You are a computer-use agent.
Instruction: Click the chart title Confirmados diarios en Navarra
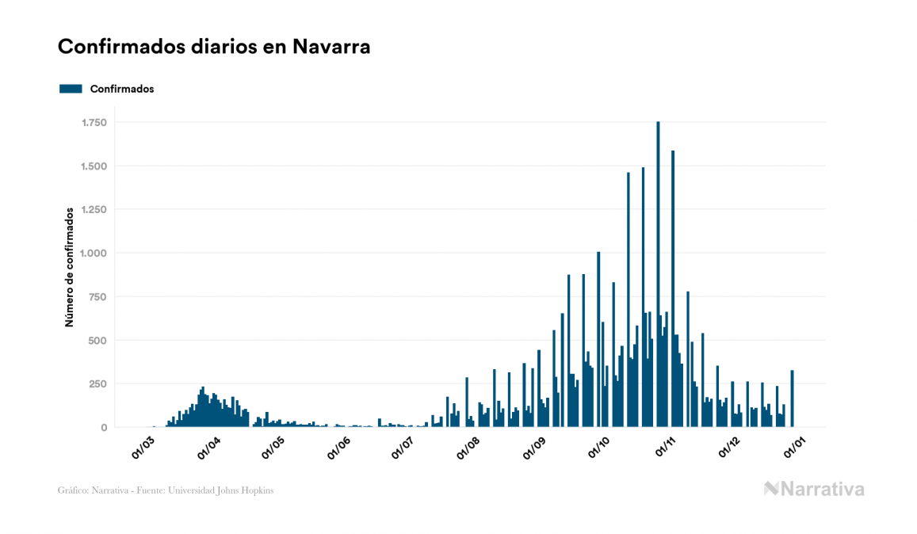pos(214,47)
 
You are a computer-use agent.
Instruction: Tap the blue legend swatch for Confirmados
pos(71,89)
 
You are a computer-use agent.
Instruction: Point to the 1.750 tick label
pos(94,123)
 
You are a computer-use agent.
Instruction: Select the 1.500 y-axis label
pos(94,166)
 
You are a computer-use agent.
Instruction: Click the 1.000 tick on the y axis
pos(94,254)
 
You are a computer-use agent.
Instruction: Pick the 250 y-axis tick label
pos(97,384)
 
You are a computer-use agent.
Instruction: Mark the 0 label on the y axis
pos(103,428)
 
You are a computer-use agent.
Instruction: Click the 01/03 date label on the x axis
pos(143,447)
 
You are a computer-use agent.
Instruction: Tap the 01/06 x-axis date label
pos(338,447)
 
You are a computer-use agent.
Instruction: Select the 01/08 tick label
pos(468,447)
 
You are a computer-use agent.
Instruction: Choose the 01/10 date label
pos(599,447)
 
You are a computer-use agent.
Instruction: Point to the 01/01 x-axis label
pos(795,447)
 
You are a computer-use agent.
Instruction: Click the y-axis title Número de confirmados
pos(70,268)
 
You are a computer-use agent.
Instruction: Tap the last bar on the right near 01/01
pos(792,399)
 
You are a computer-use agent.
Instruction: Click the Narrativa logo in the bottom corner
pos(814,489)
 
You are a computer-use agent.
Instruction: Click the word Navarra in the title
pos(331,47)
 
